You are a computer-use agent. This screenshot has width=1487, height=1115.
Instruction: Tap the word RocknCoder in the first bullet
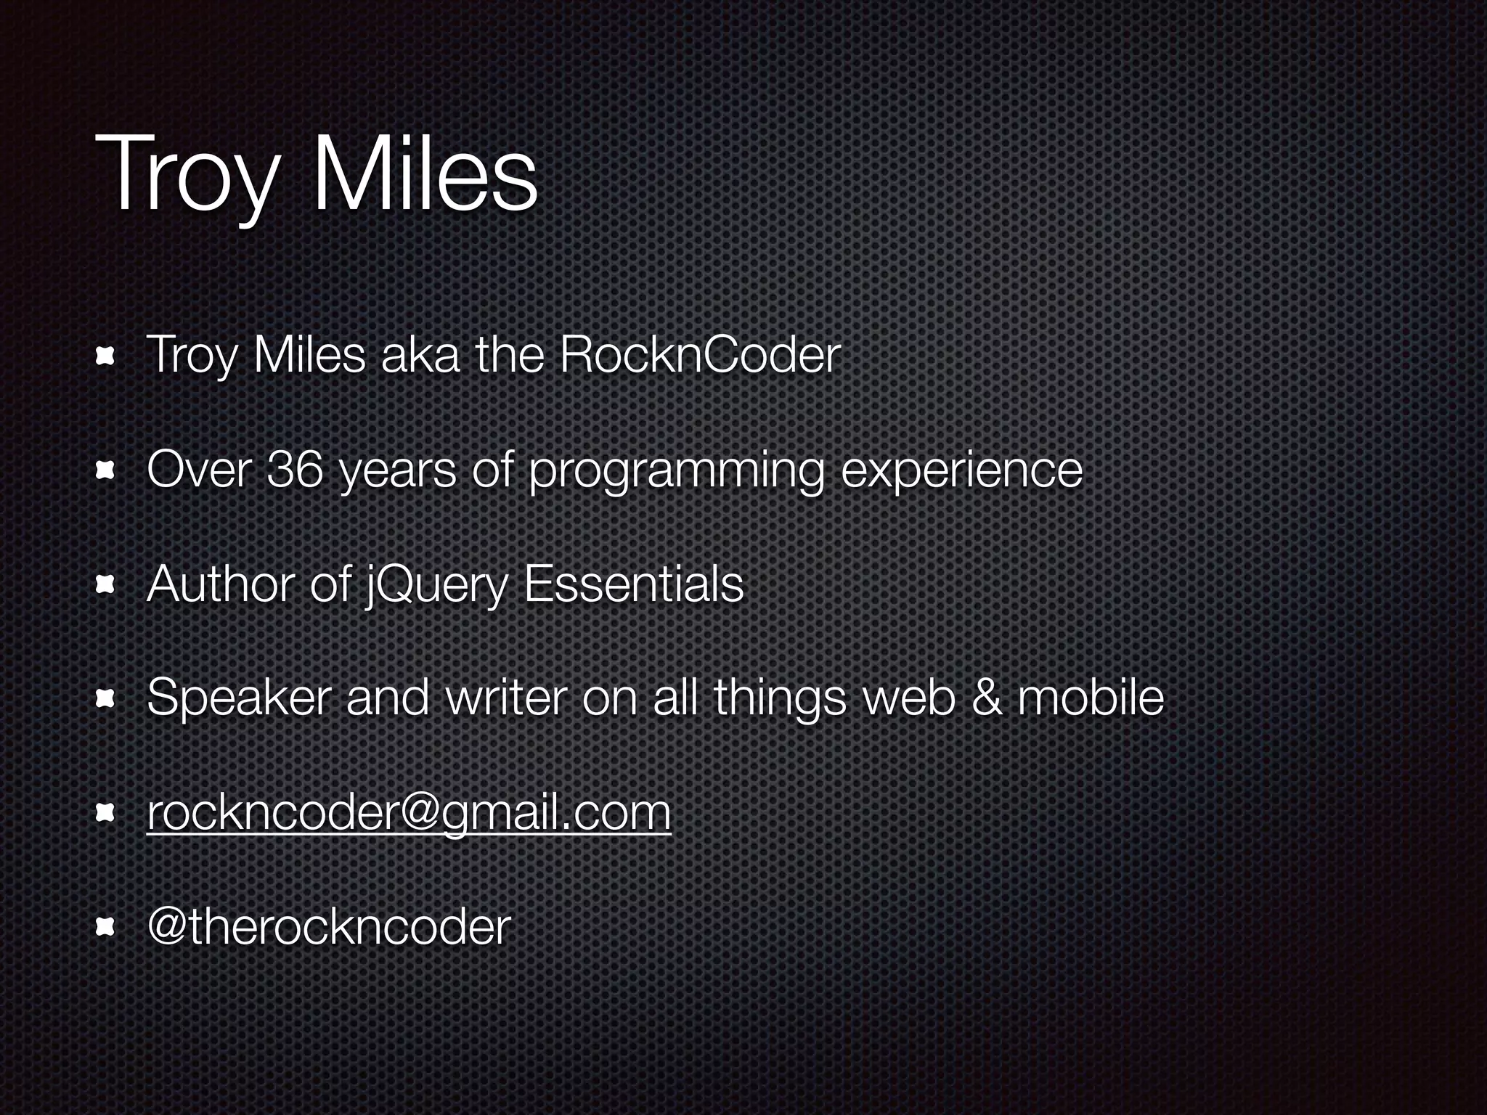700,356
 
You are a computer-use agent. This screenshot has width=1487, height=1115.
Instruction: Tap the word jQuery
434,585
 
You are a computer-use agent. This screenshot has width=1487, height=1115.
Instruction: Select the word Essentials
633,584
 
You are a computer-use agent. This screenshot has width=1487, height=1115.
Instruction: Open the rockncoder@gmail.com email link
409,813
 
